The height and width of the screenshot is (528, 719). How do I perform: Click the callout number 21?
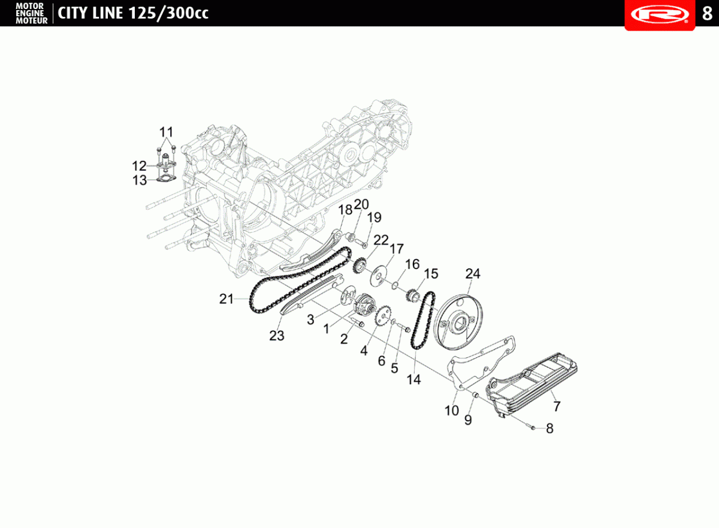point(226,299)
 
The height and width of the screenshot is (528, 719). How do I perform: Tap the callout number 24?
point(473,274)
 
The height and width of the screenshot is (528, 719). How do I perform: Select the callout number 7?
point(557,406)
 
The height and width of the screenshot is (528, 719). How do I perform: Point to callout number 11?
point(167,132)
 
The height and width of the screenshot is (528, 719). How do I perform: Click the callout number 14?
point(414,380)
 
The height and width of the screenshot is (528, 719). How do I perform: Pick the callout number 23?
point(277,336)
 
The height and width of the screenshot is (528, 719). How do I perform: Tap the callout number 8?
point(550,429)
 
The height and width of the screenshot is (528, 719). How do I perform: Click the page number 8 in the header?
point(707,14)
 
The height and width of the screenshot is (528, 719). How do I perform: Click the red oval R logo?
point(660,14)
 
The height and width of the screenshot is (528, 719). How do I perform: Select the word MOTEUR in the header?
point(32,21)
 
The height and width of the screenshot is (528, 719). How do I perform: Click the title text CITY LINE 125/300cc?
point(133,13)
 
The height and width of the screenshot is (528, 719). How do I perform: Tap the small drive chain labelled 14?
point(424,321)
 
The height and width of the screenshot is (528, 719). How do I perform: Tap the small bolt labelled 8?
point(531,427)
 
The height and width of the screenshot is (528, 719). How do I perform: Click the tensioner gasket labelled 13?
point(167,179)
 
